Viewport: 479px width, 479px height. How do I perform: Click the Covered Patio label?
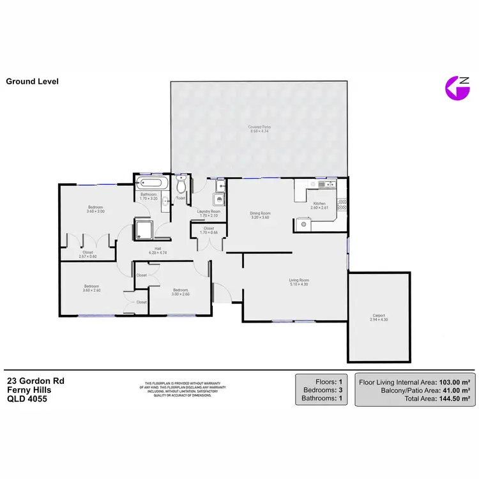[x=259, y=127]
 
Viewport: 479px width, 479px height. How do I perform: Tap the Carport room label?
[x=379, y=316]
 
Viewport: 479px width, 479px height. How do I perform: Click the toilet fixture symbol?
[x=181, y=186]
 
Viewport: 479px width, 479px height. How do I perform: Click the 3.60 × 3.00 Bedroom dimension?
[x=96, y=211]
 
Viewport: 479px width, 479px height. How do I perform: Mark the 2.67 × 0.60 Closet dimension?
[x=87, y=256]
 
